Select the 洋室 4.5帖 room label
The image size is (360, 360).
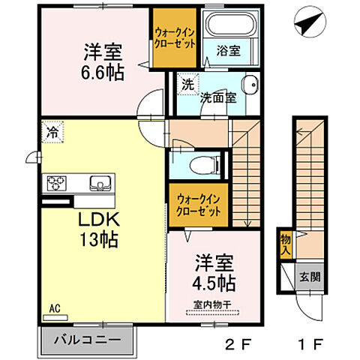[x=215, y=274]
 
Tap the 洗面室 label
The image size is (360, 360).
[x=217, y=96]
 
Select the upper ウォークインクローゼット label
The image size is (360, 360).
[x=176, y=37]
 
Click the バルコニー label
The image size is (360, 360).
[x=87, y=340]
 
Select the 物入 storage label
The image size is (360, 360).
[x=286, y=244]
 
